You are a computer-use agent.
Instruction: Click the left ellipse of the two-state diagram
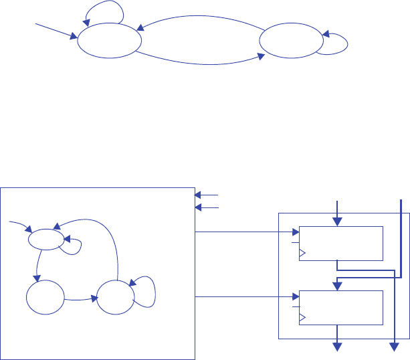tap(109, 41)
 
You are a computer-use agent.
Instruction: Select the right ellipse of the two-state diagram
tap(291, 42)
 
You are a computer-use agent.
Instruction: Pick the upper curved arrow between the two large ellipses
tap(201, 18)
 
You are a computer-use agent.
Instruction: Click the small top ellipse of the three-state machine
tap(46, 240)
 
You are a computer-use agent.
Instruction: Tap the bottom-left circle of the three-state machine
tap(45, 298)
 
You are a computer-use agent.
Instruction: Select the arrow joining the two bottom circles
tap(80, 300)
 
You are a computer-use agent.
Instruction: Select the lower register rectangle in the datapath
tap(340, 307)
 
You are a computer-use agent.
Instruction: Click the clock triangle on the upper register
tap(302, 253)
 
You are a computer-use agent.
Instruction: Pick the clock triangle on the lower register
tap(302, 317)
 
